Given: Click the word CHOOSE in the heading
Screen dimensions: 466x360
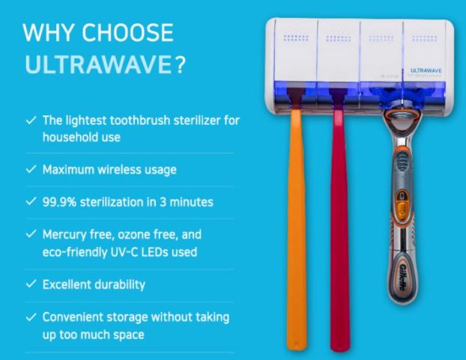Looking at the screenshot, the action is [127, 32].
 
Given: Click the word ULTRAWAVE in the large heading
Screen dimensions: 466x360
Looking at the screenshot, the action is [98, 64].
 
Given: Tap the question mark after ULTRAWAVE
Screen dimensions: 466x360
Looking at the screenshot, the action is [180, 64].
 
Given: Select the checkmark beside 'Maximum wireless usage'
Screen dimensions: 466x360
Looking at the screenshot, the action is [31, 169].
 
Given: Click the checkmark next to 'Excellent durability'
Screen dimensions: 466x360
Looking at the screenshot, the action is [31, 284].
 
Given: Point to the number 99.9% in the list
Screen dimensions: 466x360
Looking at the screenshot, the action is [59, 202].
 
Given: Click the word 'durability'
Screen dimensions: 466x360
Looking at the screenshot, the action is [119, 284].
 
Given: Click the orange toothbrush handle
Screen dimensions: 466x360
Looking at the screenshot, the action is [296, 228].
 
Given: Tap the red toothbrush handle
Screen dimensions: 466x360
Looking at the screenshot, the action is [339, 228].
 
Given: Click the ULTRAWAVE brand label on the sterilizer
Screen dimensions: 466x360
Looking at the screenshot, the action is [426, 70].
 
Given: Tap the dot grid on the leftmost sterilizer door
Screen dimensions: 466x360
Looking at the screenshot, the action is [296, 37].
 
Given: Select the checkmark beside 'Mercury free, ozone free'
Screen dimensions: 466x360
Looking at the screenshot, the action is [31, 234].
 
